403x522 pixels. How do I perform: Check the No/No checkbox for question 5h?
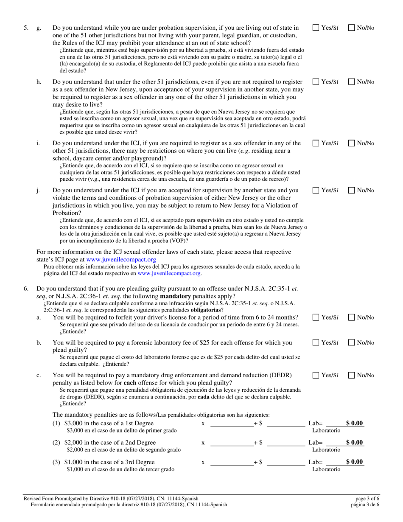click(352, 81)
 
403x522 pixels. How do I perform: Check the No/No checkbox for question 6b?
click(352, 343)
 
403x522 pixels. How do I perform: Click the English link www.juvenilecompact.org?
click(121, 259)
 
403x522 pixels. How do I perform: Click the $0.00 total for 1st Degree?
click(355, 423)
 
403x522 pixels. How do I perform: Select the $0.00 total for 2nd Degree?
click(355, 443)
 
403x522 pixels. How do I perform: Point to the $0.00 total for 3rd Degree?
click(355, 462)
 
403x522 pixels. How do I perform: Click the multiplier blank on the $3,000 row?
click(232, 424)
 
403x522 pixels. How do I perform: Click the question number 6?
click(26, 289)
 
